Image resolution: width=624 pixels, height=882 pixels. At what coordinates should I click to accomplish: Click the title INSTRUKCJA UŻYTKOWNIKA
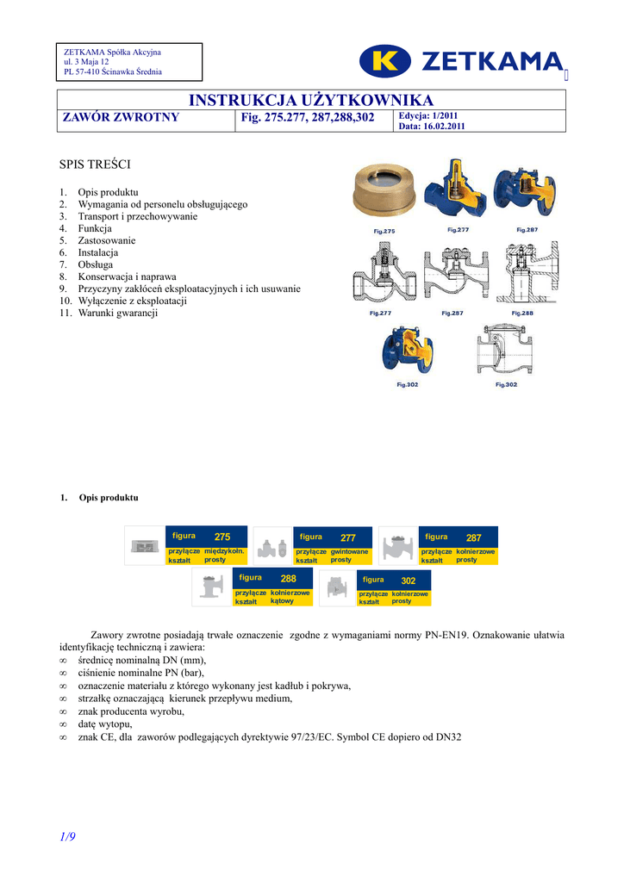pos(311,101)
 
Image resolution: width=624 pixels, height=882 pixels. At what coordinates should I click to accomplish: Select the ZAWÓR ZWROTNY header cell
pos(122,117)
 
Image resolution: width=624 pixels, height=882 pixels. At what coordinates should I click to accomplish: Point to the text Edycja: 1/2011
pos(428,115)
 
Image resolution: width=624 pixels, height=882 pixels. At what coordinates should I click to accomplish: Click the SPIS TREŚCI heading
pos(94,163)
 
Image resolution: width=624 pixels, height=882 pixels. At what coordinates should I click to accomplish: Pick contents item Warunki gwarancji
pos(117,313)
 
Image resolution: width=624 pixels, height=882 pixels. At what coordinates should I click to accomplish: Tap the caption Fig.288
pos(522,313)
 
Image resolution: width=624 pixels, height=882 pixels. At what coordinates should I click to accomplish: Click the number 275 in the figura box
pos(222,537)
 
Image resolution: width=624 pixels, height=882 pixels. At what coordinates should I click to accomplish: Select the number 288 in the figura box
pos(288,578)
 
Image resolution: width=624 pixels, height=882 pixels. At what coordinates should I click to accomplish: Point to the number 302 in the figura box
pos(409,581)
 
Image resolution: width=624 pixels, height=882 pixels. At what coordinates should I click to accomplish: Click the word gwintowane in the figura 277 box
pos(349,551)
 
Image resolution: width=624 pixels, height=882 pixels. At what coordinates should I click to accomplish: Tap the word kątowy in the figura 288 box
pos(282,601)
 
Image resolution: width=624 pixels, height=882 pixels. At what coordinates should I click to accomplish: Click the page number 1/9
pos(68,836)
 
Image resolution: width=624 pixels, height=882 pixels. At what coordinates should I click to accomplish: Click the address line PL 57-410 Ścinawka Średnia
pos(112,71)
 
